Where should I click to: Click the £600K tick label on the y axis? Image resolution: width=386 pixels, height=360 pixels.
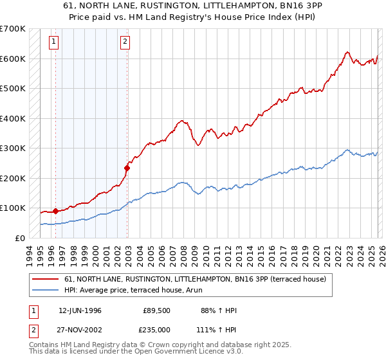12,59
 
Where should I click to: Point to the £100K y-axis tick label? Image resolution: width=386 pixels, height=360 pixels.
12,208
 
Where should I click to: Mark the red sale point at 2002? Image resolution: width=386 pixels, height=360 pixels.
127,168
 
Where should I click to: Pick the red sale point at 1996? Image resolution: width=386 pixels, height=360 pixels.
56,211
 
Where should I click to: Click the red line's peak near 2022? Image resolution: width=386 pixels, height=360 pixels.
347,52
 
